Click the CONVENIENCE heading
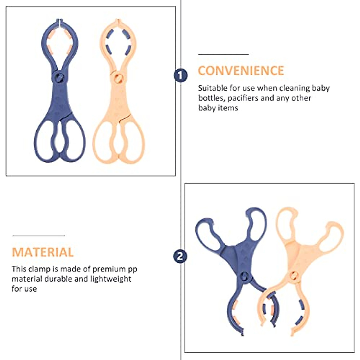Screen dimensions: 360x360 (241, 71)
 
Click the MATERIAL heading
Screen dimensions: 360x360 (43, 252)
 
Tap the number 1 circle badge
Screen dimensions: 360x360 (180, 75)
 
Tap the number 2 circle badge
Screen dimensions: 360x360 (180, 256)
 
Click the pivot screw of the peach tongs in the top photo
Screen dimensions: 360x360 (117, 78)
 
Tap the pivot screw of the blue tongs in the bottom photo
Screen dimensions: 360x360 (244, 276)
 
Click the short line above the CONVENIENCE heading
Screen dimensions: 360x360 (223, 55)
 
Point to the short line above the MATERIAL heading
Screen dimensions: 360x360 (38, 236)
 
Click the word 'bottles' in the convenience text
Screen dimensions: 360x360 (211, 98)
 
